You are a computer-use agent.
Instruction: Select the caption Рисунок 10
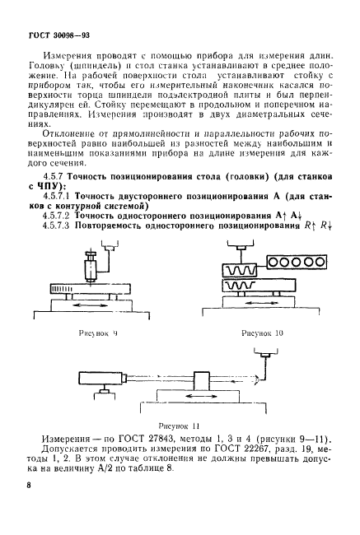pos(261,333)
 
